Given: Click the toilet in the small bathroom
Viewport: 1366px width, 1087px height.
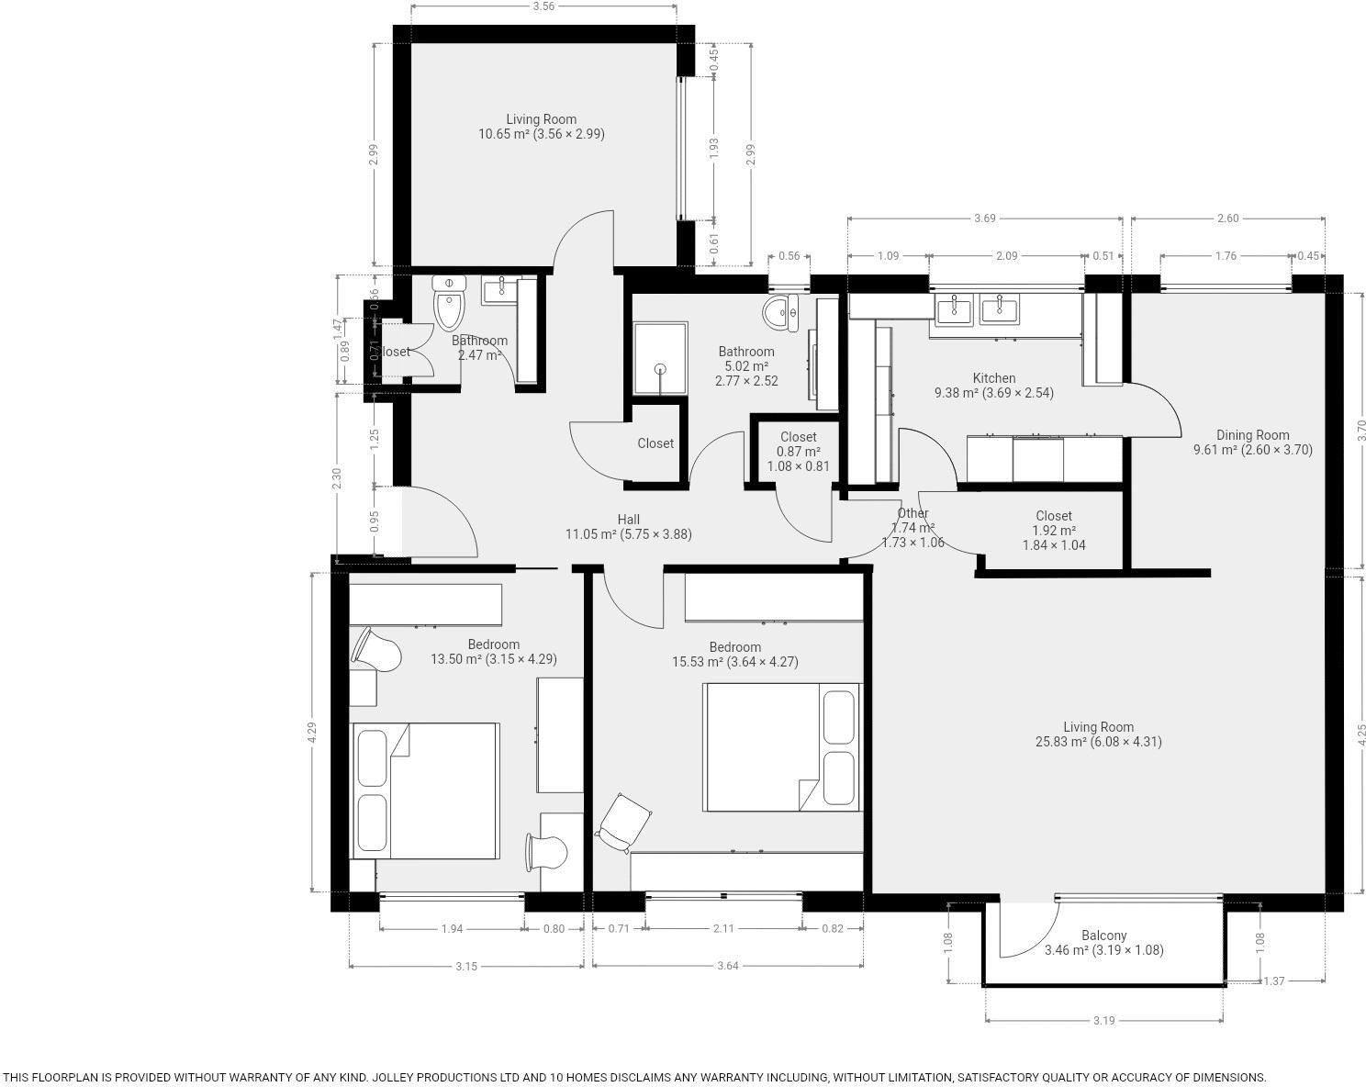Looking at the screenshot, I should pyautogui.click(x=450, y=304).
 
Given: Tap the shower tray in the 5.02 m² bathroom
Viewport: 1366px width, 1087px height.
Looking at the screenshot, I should pyautogui.click(x=659, y=357).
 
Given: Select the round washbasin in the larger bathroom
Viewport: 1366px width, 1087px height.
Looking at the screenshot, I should pyautogui.click(x=781, y=312).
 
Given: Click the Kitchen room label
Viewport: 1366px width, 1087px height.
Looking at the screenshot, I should pyautogui.click(x=994, y=378).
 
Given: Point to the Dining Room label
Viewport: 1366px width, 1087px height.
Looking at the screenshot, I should pyautogui.click(x=1252, y=435).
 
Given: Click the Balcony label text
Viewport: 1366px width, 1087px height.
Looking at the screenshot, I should pyautogui.click(x=1103, y=936).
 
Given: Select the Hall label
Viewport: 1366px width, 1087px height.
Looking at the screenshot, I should pyautogui.click(x=629, y=520).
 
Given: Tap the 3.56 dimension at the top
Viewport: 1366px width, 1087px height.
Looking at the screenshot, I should pyautogui.click(x=543, y=6).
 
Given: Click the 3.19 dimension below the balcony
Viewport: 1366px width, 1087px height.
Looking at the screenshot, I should pyautogui.click(x=1103, y=1021).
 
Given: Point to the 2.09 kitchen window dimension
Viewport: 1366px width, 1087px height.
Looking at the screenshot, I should pyautogui.click(x=1006, y=256).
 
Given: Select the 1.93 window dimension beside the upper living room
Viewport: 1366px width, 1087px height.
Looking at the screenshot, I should pyautogui.click(x=714, y=149).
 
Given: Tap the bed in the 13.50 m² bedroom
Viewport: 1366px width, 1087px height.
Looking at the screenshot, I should pyautogui.click(x=425, y=790).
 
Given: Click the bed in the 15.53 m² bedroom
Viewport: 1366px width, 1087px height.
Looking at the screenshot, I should pyautogui.click(x=782, y=746).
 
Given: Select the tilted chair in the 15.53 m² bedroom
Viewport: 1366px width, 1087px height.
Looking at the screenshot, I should pyautogui.click(x=624, y=822).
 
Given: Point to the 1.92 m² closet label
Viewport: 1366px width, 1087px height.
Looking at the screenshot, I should pyautogui.click(x=1054, y=531).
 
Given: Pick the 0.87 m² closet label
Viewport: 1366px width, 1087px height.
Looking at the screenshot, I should pyautogui.click(x=798, y=452).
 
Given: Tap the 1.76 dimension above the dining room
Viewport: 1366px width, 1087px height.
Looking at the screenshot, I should pyautogui.click(x=1226, y=256).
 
